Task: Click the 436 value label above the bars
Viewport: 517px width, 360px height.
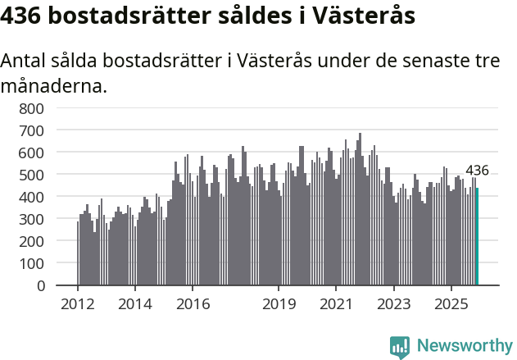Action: pos(477,171)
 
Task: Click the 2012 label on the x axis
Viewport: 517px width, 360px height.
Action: pos(78,304)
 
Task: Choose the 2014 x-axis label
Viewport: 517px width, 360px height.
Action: pos(135,304)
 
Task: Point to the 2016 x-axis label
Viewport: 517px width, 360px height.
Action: pos(193,304)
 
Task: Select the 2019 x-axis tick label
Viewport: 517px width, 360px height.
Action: pos(279,304)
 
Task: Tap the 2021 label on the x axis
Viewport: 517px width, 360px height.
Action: pos(337,304)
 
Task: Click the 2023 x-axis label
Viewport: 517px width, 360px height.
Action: pos(394,304)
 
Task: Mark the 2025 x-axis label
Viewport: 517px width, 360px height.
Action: pos(451,304)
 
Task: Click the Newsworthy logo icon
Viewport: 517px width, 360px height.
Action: pos(400,347)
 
